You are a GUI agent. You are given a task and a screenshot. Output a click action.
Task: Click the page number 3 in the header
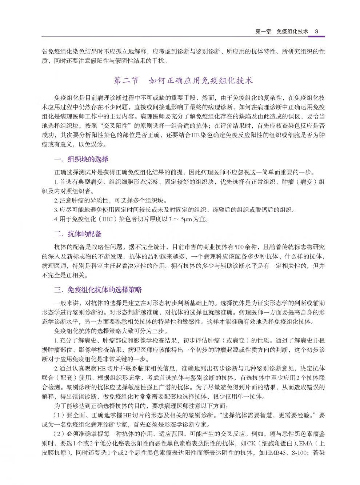tap(316, 32)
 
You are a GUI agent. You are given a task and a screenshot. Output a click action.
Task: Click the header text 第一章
tap(264, 32)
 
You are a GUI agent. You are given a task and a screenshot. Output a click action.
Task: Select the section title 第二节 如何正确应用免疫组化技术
tap(183, 81)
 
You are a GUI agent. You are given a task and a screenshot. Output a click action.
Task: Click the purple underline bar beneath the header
tap(316, 36)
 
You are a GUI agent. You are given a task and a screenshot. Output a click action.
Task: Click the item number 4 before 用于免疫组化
tap(56, 219)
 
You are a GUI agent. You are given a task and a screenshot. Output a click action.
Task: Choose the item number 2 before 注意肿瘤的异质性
tap(56, 200)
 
